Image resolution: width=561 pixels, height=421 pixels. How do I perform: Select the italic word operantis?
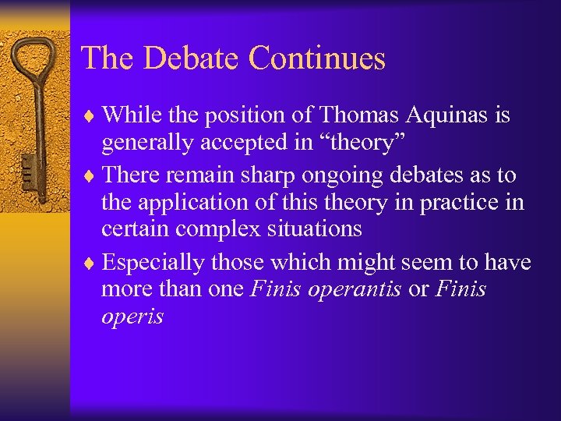click(x=355, y=290)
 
